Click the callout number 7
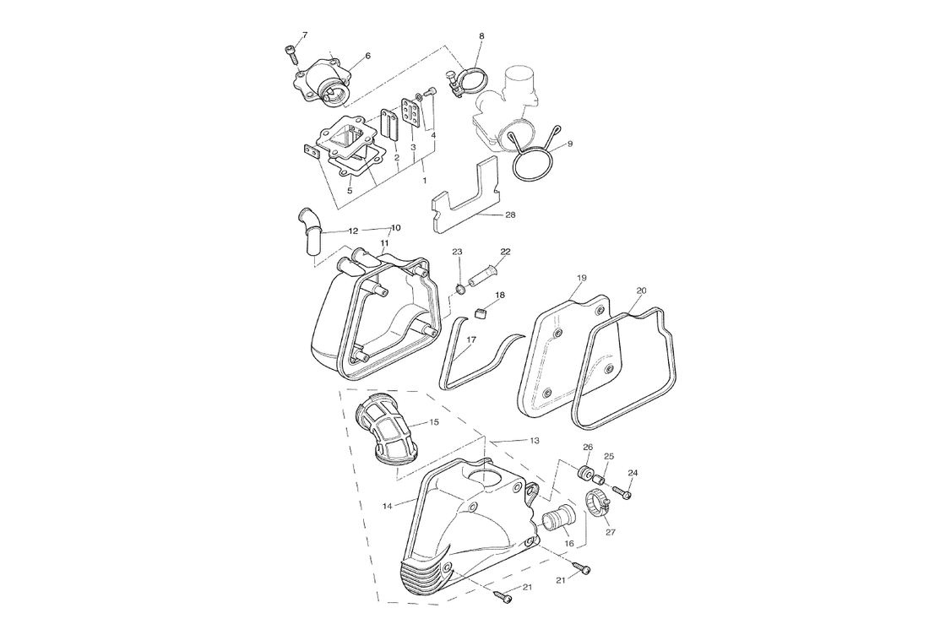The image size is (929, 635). pyautogui.click(x=305, y=35)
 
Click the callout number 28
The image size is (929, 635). pyautogui.click(x=510, y=215)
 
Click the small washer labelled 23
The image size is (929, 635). pyautogui.click(x=460, y=289)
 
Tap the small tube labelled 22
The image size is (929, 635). pyautogui.click(x=481, y=277)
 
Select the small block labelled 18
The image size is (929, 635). pyautogui.click(x=481, y=313)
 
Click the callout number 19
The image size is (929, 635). pyautogui.click(x=581, y=278)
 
